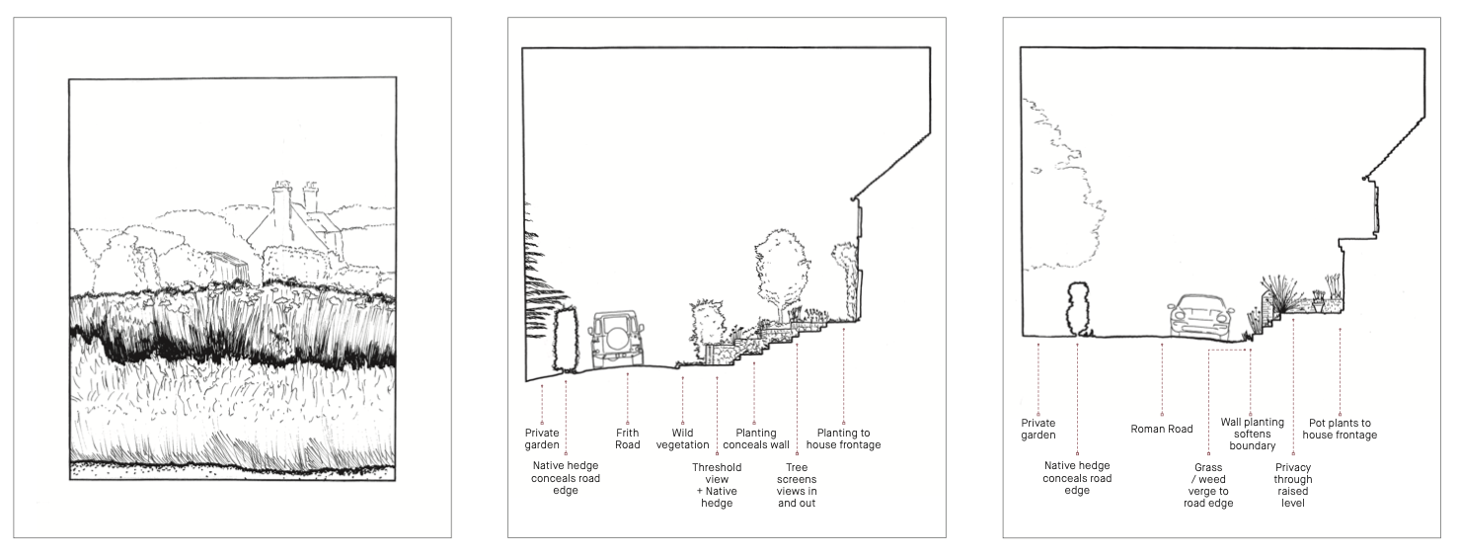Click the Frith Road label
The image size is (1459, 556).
[x=627, y=438]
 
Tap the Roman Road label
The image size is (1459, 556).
[x=1161, y=429]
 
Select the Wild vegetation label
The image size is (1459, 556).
[x=682, y=438]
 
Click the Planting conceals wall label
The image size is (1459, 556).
[x=755, y=438]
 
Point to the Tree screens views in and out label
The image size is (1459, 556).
[x=797, y=485]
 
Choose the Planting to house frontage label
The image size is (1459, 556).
[x=843, y=438]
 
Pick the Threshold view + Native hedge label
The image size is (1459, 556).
[x=717, y=485]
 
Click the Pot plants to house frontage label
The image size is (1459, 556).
[x=1340, y=429]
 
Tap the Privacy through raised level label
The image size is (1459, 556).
[x=1293, y=485]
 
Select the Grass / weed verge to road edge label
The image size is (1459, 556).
[x=1208, y=485]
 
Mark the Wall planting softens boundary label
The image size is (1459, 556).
[x=1252, y=435]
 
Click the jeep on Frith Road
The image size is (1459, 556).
[x=616, y=339]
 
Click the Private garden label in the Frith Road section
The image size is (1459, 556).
[x=542, y=438]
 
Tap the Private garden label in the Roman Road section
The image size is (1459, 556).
[x=1038, y=429]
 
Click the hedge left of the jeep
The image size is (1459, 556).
[x=566, y=339]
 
